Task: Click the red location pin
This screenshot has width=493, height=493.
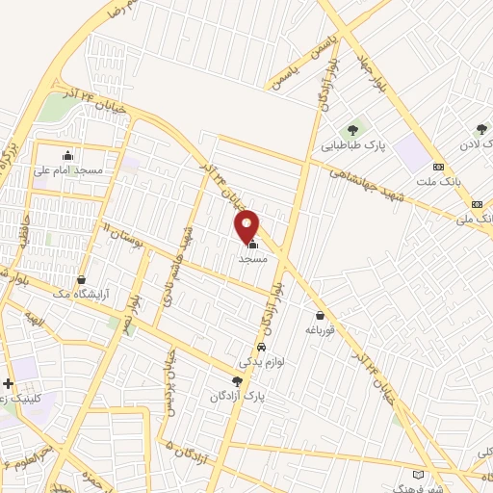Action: point(247,227)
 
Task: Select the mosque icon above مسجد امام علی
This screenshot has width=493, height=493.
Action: point(67,156)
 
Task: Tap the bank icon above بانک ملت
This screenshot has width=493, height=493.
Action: point(438,165)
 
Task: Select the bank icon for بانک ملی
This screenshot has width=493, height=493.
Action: point(477,204)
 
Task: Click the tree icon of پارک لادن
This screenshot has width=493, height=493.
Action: point(481,129)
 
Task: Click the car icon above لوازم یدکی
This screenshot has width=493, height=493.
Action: point(261,347)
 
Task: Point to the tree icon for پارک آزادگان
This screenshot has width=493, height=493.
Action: point(237,381)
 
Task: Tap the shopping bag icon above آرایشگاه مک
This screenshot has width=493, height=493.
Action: point(81,280)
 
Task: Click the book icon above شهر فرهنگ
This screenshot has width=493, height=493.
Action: point(416,474)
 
